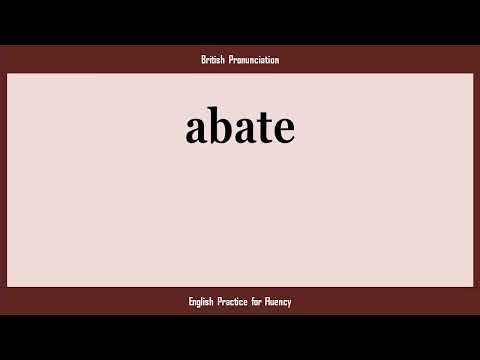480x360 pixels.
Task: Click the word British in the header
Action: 213,60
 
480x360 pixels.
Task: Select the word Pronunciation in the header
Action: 254,60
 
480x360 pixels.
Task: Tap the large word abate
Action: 240,128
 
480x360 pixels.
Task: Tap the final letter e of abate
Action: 282,130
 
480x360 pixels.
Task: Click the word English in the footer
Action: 203,301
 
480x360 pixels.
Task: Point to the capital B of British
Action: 203,60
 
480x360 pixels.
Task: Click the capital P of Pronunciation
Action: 231,60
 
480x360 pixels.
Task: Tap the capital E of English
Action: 190,301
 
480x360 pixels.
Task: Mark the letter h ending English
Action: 216,301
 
